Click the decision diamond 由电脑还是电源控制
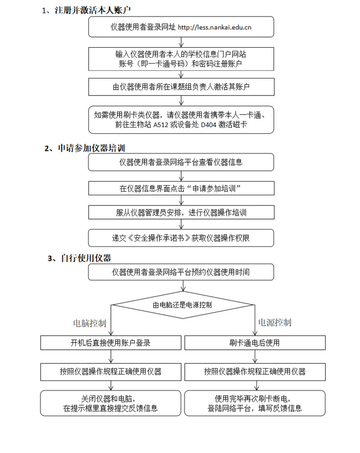pos(182,305)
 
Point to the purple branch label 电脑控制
pos(90,323)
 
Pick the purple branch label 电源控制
pos(274,322)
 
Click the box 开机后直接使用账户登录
pos(110,343)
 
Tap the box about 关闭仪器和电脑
pos(110,403)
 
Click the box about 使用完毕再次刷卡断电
pos(255,403)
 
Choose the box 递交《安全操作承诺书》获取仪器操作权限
pos(181,238)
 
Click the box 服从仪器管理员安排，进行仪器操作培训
pos(181,213)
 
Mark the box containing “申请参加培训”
pos(181,188)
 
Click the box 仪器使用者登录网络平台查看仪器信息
pos(181,162)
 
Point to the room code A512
pos(163,125)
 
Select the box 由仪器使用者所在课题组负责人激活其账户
pos(181,87)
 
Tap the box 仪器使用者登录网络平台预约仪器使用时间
pos(181,272)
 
